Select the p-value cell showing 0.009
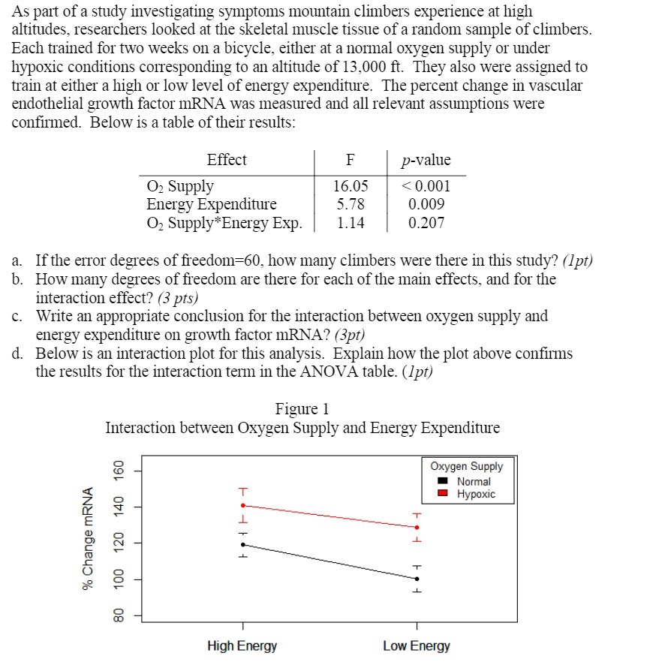426,204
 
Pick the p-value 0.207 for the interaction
426,223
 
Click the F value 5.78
350,204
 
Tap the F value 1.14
350,223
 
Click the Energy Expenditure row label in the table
211,204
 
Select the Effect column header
226,160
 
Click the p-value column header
426,161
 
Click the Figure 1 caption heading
302,409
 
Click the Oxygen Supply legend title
467,466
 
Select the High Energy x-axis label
242,645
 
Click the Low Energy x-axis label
417,645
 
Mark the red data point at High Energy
242,505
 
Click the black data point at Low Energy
417,579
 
